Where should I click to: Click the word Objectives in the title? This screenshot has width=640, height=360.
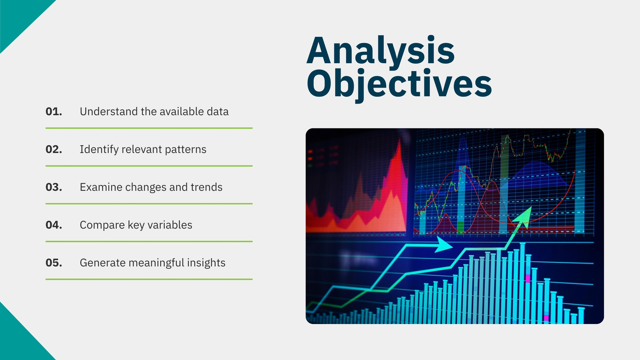[399, 84]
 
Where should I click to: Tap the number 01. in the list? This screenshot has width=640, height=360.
[54, 112]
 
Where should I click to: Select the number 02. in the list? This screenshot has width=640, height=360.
[54, 149]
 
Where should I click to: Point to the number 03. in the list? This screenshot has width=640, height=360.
[54, 187]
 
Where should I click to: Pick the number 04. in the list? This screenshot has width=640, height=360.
[54, 225]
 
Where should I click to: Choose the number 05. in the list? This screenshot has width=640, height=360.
[54, 262]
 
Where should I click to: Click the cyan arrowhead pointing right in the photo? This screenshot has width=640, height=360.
[444, 244]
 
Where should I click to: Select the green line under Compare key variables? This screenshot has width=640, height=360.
[149, 242]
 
